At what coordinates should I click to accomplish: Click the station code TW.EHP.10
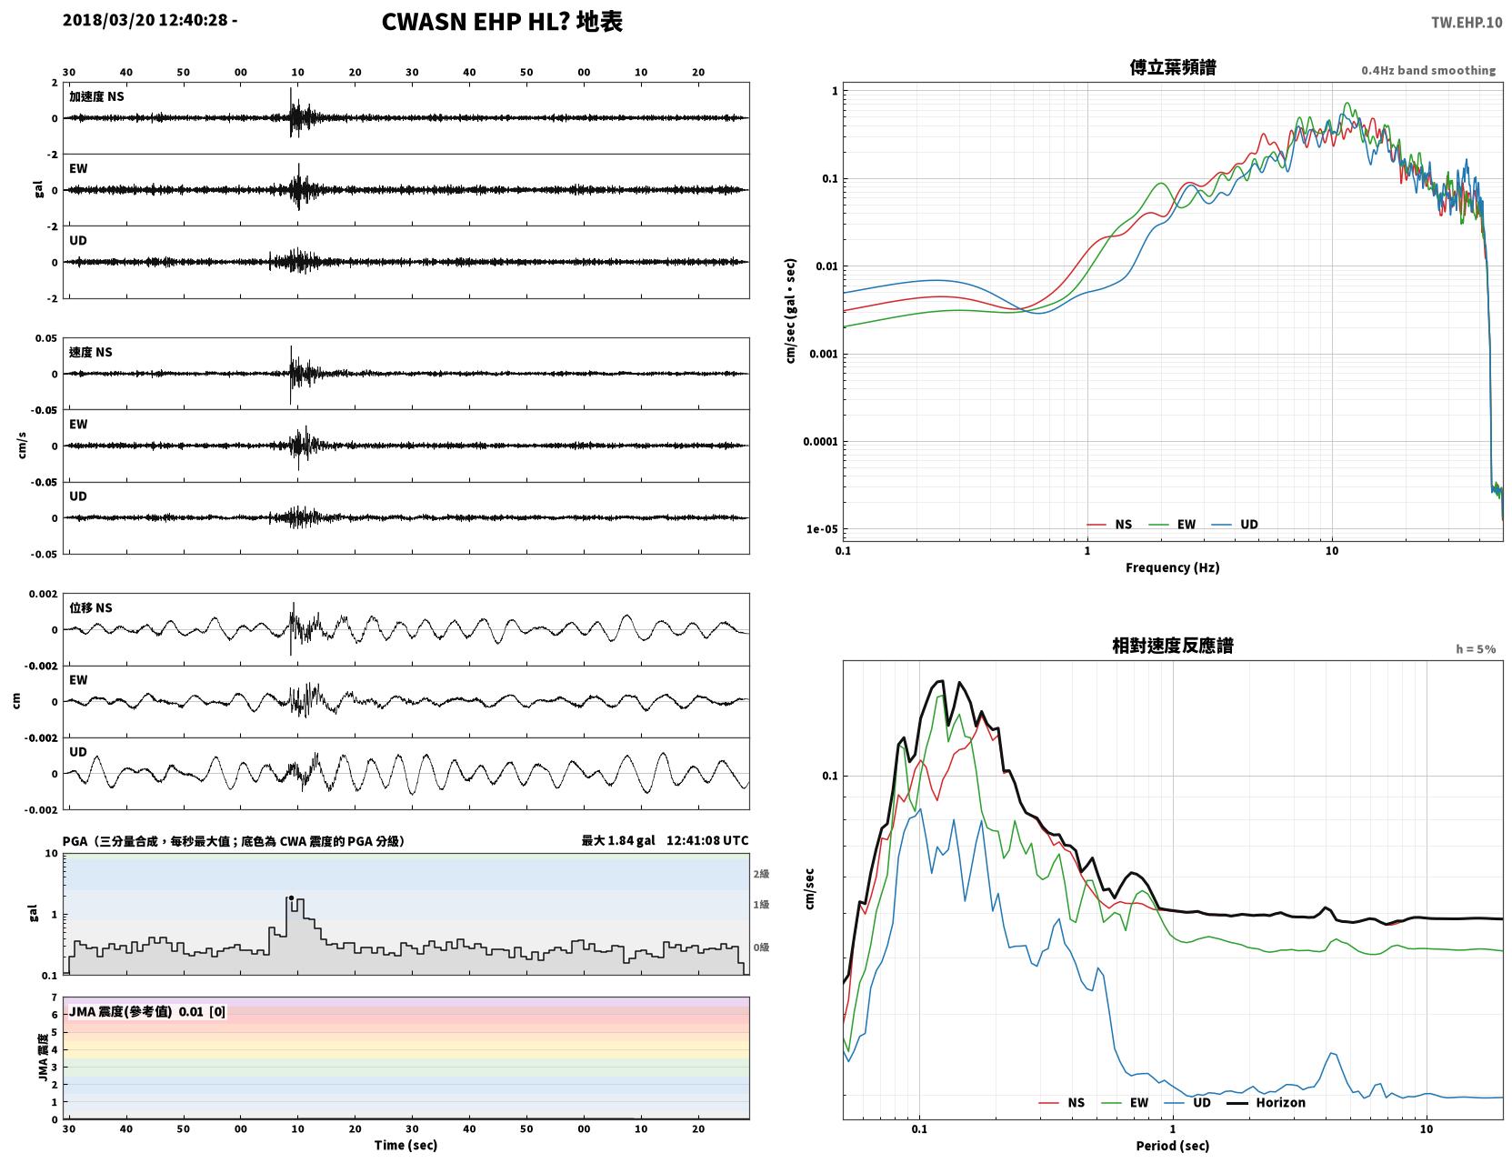coord(1466,22)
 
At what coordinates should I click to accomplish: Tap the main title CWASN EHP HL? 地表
coord(502,22)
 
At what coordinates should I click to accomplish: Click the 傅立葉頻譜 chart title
coord(1173,67)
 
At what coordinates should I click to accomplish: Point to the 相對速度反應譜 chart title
coord(1173,646)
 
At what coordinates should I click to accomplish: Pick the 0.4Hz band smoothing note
coord(1427,70)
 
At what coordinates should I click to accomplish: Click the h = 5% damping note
coord(1475,649)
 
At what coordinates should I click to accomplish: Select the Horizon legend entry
coord(1266,1102)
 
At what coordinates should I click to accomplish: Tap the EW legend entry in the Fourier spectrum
coord(1172,525)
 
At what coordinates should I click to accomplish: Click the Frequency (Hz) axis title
coord(1173,567)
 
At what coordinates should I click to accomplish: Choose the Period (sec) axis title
coord(1173,1146)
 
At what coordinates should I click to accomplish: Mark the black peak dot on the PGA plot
coord(291,897)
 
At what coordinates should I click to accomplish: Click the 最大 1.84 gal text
coord(618,840)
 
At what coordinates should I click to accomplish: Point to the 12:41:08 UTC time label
coord(707,840)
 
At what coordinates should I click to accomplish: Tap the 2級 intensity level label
coord(760,874)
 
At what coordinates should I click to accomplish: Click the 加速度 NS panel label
coord(96,96)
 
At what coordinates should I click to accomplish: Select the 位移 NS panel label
coord(90,608)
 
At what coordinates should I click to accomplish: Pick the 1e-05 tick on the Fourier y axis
coord(822,529)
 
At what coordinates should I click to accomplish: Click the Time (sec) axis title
coord(406,1145)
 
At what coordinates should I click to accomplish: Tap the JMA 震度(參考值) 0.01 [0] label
coord(146,1011)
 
